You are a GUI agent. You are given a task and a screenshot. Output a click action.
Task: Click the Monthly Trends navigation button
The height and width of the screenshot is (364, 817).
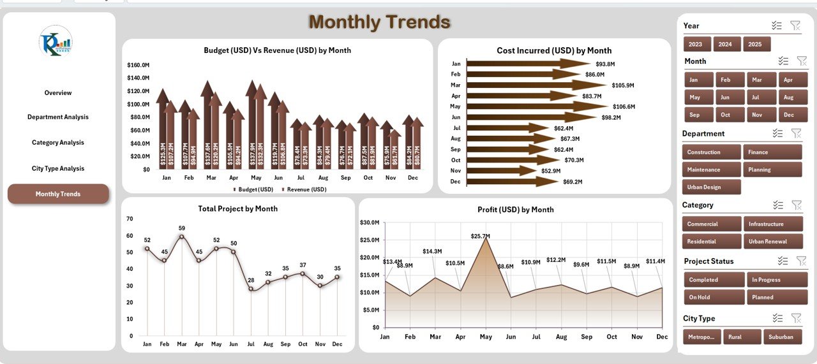tap(58, 194)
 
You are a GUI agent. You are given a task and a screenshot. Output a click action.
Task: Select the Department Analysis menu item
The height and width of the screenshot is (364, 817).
tap(58, 117)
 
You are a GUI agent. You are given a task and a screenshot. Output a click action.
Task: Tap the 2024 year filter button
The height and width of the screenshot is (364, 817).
tap(725, 44)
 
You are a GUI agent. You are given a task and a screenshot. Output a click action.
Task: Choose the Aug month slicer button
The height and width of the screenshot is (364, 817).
tap(788, 98)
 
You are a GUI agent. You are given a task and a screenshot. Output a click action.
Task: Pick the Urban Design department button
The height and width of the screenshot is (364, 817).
tap(711, 187)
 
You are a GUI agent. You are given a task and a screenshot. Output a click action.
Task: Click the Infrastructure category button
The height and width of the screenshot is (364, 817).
tap(772, 224)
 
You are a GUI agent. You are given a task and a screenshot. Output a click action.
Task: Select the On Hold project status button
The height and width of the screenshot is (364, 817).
tap(714, 297)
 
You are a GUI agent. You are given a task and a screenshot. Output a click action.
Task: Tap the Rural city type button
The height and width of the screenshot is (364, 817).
tap(742, 337)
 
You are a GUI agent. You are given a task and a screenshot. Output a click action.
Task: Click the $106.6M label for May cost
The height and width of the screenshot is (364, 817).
tap(622, 106)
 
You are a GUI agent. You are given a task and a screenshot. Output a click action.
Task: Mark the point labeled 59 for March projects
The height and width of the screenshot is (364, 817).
tap(181, 237)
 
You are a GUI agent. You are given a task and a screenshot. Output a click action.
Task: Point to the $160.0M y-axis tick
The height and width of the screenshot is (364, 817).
tap(138, 65)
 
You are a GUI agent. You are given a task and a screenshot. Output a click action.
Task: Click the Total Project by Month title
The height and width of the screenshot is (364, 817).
tap(237, 208)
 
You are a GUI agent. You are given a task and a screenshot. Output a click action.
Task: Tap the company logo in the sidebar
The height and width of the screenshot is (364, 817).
tap(56, 41)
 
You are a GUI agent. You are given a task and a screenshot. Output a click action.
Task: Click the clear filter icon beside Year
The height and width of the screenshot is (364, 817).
tap(795, 25)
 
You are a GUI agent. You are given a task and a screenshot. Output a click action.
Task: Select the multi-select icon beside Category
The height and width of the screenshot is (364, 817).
tap(777, 205)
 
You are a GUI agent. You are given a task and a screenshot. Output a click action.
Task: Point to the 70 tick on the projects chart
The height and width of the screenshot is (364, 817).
tap(130, 219)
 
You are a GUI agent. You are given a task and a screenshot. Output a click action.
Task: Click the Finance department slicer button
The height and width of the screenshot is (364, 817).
tap(772, 152)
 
